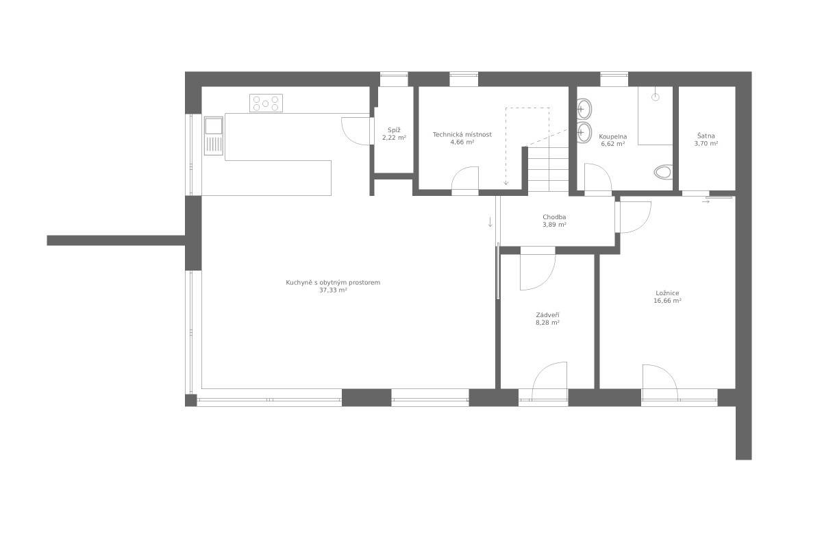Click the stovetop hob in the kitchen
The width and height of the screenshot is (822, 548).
(x=266, y=103)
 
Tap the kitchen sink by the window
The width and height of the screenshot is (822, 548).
(x=214, y=136)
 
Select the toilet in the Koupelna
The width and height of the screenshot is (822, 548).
(x=663, y=172)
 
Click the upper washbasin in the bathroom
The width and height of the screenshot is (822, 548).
(x=584, y=109)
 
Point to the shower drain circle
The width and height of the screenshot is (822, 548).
(x=656, y=97)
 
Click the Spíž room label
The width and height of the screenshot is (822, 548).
(x=394, y=130)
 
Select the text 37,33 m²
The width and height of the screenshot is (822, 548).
(x=333, y=290)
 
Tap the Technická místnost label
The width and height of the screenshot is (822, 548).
(x=462, y=134)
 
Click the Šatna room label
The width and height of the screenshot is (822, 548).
(x=706, y=136)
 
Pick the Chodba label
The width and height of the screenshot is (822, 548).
(x=554, y=217)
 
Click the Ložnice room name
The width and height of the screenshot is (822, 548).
(x=667, y=293)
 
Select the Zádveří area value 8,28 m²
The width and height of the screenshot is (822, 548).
(x=547, y=323)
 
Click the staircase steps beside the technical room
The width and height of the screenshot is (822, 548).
(x=548, y=169)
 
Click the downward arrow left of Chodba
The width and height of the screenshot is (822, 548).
(x=490, y=222)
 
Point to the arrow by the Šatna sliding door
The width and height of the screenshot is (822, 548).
(x=706, y=201)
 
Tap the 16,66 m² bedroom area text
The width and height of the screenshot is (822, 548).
(x=667, y=301)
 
